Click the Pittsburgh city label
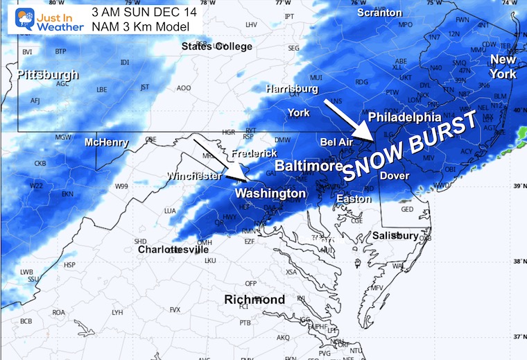click(x=48, y=75)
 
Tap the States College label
click(x=214, y=46)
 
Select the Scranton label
click(x=379, y=12)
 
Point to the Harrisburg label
click(x=292, y=89)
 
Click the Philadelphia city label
click(x=404, y=117)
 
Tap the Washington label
click(x=270, y=193)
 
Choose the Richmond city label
click(x=254, y=300)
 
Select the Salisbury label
click(x=396, y=236)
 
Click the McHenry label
click(x=107, y=143)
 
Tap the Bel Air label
click(x=337, y=142)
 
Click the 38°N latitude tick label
click(x=516, y=261)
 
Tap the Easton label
click(x=349, y=199)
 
